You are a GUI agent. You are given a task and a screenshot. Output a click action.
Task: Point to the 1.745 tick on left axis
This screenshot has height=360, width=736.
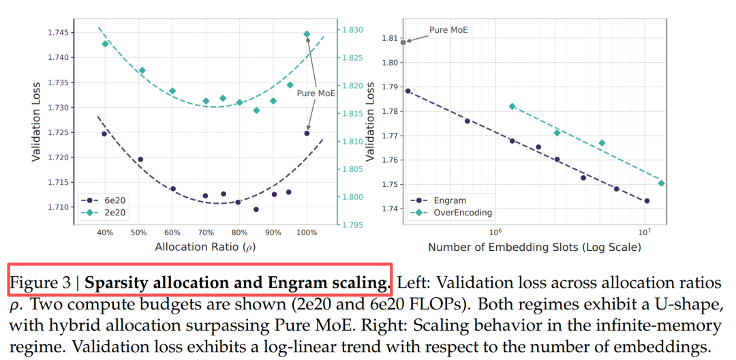[60, 32]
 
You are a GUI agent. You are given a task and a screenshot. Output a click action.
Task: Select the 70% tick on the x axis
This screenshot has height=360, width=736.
[205, 232]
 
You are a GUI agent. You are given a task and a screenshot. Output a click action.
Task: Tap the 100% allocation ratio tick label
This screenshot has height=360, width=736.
[307, 232]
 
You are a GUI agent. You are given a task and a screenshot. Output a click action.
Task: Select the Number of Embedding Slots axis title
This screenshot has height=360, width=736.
[534, 247]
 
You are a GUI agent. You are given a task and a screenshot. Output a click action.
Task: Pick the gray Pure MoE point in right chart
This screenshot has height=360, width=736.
[403, 42]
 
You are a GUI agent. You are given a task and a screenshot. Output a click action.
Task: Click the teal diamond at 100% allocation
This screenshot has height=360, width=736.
[307, 33]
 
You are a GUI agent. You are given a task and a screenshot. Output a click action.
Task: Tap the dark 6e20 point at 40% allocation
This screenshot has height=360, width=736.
[104, 134]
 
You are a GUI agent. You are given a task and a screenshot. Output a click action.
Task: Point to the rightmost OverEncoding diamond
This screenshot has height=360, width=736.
[661, 183]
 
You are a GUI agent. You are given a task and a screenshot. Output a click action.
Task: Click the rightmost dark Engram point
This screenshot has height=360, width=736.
[646, 201]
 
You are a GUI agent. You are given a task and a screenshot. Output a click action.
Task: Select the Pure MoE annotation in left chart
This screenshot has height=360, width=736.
[316, 94]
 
